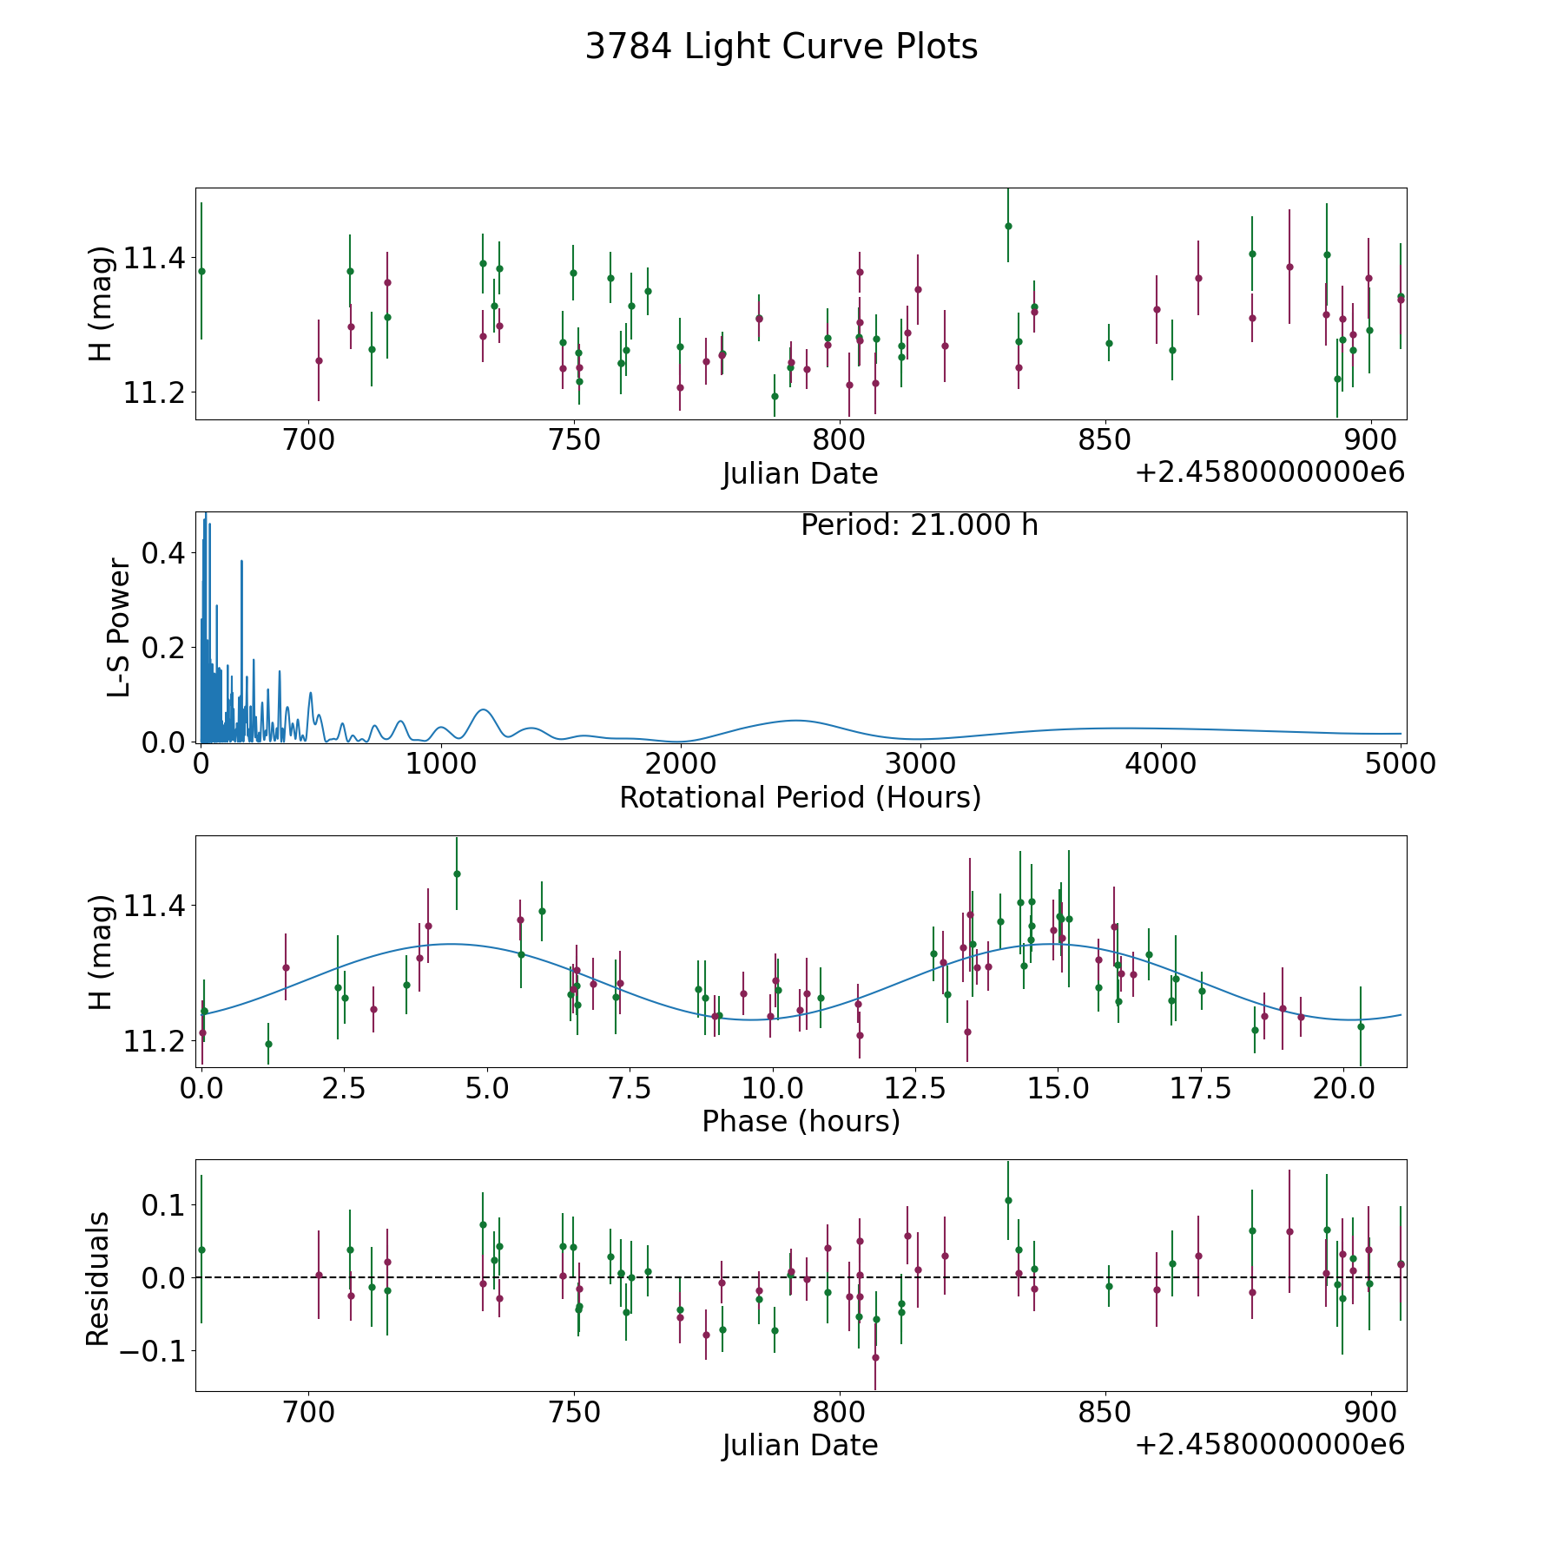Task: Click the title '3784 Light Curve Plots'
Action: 781,47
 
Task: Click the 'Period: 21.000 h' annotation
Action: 919,525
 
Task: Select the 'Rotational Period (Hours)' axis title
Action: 800,797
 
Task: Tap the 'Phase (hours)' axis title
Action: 801,1121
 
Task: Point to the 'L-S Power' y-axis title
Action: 120,627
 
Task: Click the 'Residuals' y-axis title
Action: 98,1279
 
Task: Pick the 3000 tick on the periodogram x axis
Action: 920,764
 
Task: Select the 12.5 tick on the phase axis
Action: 914,1088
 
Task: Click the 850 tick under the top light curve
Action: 1105,440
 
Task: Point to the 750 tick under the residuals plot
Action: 575,1413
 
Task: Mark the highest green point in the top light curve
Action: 1008,226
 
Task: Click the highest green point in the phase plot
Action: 457,874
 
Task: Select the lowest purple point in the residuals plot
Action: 875,1357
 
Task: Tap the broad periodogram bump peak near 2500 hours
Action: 795,720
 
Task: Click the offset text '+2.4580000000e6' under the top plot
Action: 1270,472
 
